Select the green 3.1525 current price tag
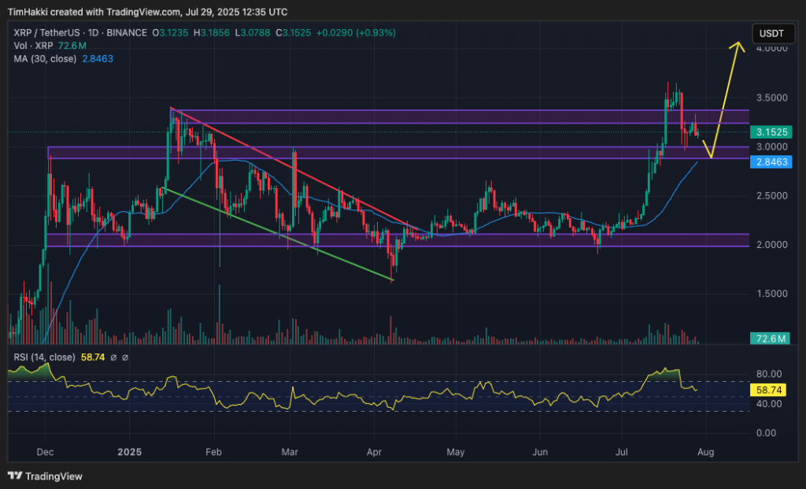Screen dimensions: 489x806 pos(770,132)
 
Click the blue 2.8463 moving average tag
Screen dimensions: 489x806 pos(770,162)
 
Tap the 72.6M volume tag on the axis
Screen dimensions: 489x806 pos(770,339)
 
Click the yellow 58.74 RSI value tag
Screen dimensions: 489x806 pos(769,389)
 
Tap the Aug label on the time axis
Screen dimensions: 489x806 pos(705,453)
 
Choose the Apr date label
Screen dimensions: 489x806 pos(375,453)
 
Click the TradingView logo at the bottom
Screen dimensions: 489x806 pos(46,476)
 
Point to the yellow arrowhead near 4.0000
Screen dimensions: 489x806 pos(738,45)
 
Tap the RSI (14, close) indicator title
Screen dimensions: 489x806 pos(44,357)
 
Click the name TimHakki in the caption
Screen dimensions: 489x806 pos(28,12)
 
